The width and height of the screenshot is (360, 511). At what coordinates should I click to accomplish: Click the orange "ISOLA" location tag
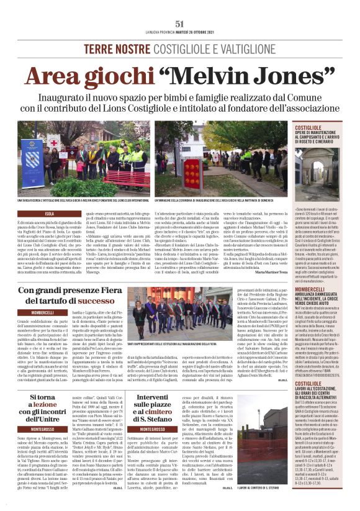tap(49, 213)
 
